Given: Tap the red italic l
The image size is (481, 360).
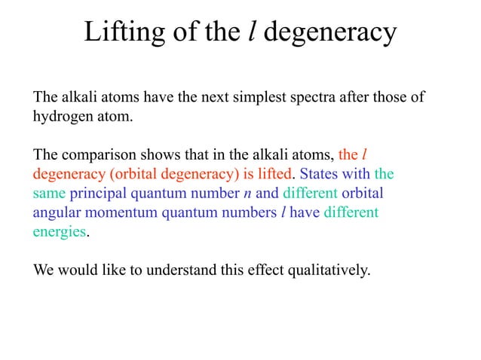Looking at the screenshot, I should tap(365, 156).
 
